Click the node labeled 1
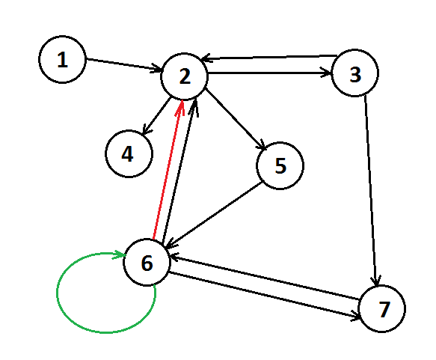pos(62,59)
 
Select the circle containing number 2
pos(185,76)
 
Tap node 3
pos(354,73)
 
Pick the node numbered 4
pos(129,153)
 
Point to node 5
pos(280,165)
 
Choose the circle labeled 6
pos(147,262)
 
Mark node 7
pos(382,308)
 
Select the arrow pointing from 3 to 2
pos(269,58)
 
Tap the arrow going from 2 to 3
pos(269,73)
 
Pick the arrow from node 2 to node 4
pos(156,116)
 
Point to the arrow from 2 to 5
pos(236,120)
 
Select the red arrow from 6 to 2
pos(168,169)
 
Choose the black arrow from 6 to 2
pos(179,170)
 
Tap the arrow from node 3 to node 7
pos(371,190)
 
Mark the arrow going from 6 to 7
pos(265,295)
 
